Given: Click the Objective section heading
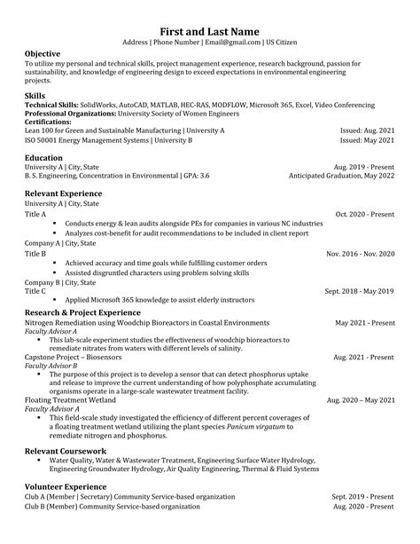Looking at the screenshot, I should tap(43, 54).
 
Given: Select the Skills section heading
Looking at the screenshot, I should tap(35, 94).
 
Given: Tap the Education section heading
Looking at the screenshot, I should tap(43, 157).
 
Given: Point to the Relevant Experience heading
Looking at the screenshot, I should tap(63, 193).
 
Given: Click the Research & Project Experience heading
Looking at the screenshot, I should tap(82, 312).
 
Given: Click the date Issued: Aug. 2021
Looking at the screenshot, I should tap(368, 130).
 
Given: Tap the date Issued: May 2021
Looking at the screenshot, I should tap(368, 140).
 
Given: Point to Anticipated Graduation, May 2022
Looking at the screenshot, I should tap(342, 176).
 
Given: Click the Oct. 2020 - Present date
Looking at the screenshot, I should tap(365, 214).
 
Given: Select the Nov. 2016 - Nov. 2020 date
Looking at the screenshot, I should tap(361, 254).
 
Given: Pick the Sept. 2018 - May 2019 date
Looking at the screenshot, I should tap(360, 290).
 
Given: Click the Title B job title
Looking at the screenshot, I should tap(35, 254).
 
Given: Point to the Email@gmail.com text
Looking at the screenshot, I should tap(232, 42).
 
